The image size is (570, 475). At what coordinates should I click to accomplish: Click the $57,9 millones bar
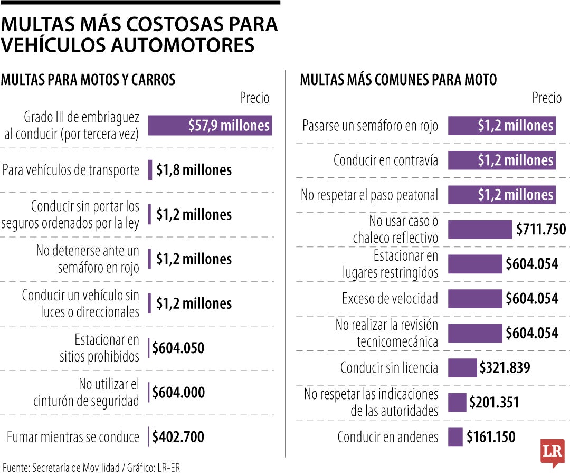tap(210, 126)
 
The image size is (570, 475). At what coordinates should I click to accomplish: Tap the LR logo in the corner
tap(552, 452)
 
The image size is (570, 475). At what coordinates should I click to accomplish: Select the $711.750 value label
tap(541, 229)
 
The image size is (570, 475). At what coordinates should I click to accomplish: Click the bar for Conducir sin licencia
tap(462, 367)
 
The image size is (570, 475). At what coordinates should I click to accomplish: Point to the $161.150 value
tap(491, 437)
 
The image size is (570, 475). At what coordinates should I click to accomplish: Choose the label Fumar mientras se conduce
tap(73, 437)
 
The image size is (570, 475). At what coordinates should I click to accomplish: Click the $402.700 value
tap(178, 437)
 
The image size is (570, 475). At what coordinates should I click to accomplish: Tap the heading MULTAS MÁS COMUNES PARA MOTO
tap(398, 80)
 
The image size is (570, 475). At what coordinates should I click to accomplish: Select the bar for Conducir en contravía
tap(501, 160)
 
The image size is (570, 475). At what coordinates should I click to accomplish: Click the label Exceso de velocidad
tap(390, 299)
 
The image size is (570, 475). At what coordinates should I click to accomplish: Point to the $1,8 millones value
tap(194, 170)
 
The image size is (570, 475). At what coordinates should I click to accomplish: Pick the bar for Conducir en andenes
tap(455, 437)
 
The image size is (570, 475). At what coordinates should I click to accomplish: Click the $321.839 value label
tap(505, 367)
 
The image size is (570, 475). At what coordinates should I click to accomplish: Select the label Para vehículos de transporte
tap(71, 170)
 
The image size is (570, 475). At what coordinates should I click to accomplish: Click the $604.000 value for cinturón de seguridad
tap(178, 392)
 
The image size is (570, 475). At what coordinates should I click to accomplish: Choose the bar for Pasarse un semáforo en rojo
tap(501, 126)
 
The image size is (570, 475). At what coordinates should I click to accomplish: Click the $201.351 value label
tap(495, 403)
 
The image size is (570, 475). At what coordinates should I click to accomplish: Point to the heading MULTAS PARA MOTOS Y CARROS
tap(88, 80)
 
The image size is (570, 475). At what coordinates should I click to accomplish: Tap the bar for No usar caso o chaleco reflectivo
tap(480, 229)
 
